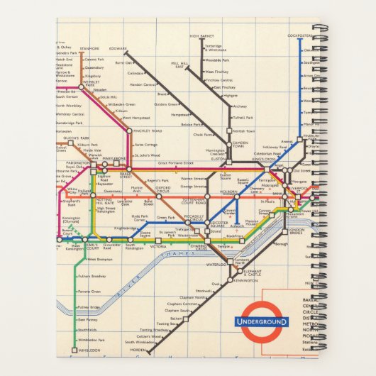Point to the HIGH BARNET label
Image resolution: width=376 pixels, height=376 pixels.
pyautogui.click(x=202, y=35)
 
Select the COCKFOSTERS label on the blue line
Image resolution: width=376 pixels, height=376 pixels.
pyautogui.click(x=299, y=35)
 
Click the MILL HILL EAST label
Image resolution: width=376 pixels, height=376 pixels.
pyautogui.click(x=179, y=65)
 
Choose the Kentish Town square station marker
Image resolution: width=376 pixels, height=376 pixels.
pyautogui.click(x=228, y=131)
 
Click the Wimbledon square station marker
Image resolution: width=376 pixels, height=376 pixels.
pyautogui.click(x=74, y=350)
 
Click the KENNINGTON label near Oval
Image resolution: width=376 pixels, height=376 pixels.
pyautogui.click(x=245, y=281)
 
